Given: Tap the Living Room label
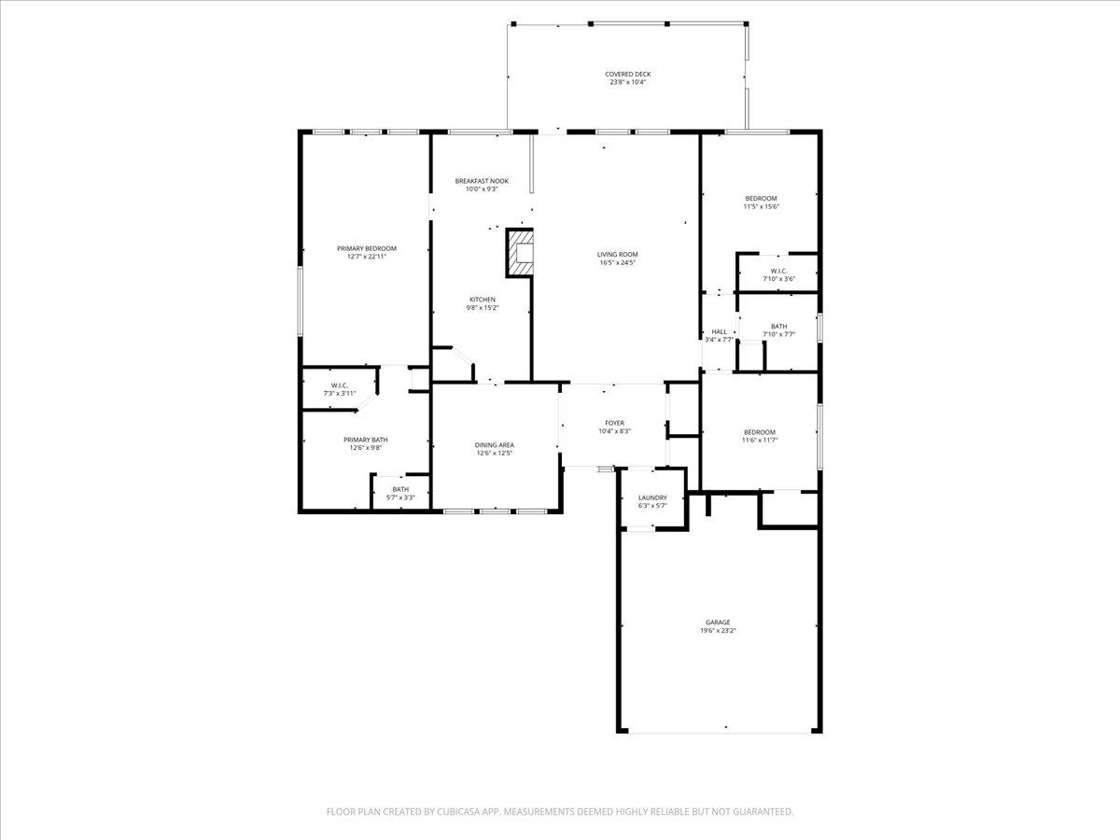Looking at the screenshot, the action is click(618, 255).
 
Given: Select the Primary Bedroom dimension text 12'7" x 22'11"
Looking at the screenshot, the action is click(367, 257).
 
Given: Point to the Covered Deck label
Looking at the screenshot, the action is click(628, 74).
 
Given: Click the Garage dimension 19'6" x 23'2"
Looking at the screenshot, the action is click(718, 630).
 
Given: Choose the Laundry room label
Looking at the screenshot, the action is click(652, 497).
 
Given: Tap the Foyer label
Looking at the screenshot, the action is click(615, 423).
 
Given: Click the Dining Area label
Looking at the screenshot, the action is click(495, 445).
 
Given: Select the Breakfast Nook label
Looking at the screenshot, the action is click(483, 181).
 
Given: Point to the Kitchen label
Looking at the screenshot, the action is click(483, 300).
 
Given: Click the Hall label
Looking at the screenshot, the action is click(720, 331).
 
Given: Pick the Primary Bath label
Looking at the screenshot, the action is click(366, 440).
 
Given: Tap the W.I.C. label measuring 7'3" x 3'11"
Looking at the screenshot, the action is click(340, 385).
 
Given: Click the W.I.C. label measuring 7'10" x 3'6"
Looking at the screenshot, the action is click(779, 271).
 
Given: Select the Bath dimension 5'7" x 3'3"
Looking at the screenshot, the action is click(400, 497).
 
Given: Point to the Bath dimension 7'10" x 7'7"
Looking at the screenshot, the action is click(779, 334).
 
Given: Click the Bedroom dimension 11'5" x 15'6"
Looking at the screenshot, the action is click(762, 206).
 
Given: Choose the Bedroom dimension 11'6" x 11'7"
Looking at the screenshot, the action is click(760, 441).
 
